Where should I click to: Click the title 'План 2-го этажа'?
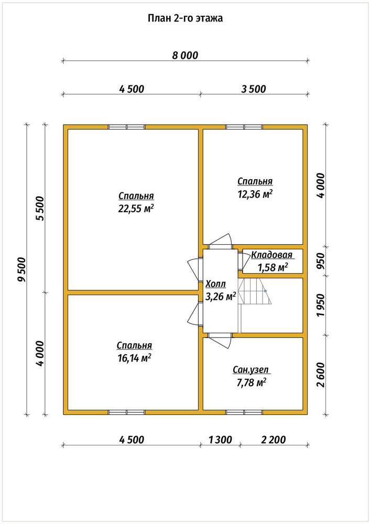[x=185, y=18]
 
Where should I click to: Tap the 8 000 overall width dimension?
[x=185, y=55]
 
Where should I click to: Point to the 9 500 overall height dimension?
[x=22, y=269]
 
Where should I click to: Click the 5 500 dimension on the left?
[x=40, y=209]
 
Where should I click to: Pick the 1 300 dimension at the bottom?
[x=220, y=440]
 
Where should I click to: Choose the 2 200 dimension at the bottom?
[x=274, y=440]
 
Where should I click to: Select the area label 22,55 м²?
[x=136, y=209]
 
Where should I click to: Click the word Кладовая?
[x=271, y=255]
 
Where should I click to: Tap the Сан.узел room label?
[x=251, y=370]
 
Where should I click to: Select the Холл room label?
[x=215, y=284]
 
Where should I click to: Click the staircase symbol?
[x=255, y=291]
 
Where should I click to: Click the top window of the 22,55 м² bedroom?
[x=126, y=127]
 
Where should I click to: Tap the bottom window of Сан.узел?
[x=244, y=412]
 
